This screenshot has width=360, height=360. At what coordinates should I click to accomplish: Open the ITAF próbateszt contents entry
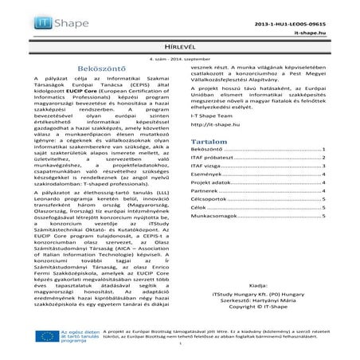[217, 159]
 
